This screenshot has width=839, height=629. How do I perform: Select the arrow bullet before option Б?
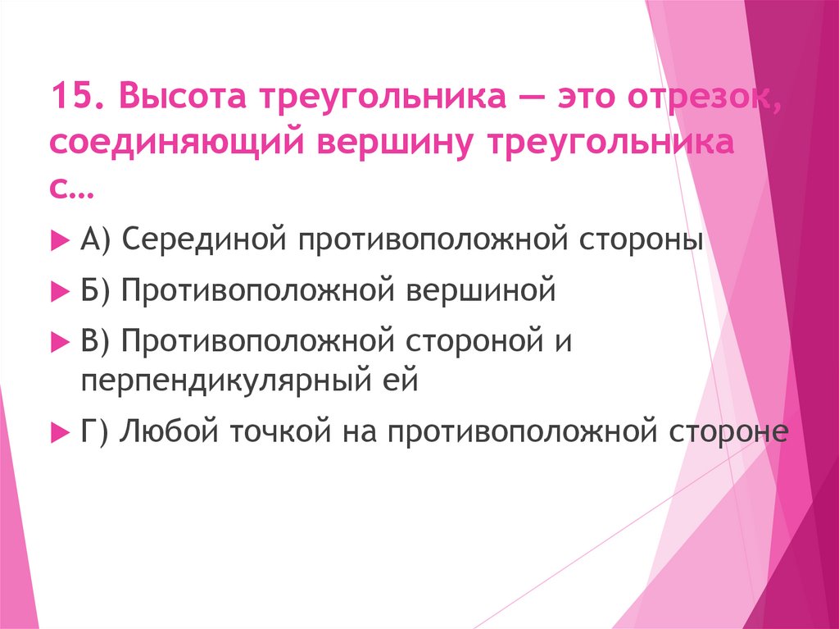pos(58,291)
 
